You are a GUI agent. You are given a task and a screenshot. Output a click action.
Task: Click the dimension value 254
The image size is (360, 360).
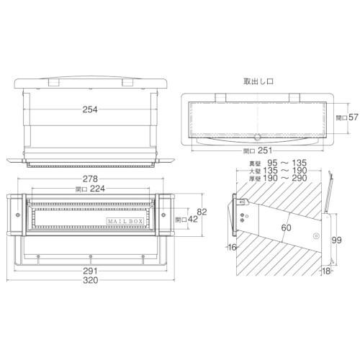coord(90,109)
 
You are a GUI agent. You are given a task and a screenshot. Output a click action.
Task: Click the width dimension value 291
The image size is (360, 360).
coord(90,272)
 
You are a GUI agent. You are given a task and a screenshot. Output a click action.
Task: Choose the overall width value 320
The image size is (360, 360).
coord(90,283)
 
